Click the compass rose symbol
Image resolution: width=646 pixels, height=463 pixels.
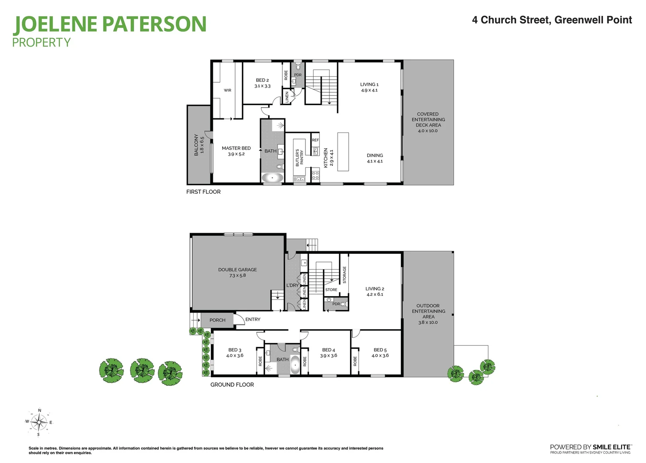(39, 422)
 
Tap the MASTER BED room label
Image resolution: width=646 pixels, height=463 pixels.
(236, 148)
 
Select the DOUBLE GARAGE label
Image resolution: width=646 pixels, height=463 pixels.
(237, 270)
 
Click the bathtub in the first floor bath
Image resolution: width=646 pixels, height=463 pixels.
(272, 177)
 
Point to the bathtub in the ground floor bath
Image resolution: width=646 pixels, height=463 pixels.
(295, 365)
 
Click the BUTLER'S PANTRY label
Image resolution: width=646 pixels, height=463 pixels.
(299, 158)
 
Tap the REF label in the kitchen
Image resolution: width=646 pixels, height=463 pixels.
(315, 140)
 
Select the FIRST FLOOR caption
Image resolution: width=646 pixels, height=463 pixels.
(203, 192)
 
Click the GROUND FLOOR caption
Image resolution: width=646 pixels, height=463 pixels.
(232, 385)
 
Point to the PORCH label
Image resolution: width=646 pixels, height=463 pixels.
(217, 320)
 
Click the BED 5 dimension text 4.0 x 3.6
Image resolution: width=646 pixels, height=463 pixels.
(380, 356)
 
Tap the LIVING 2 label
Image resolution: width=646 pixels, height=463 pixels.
(375, 289)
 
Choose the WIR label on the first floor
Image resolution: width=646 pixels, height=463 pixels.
(227, 90)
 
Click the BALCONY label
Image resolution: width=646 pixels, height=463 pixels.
(196, 144)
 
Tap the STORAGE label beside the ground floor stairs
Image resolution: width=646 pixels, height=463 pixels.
(344, 275)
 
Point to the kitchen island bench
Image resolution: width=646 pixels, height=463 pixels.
(343, 152)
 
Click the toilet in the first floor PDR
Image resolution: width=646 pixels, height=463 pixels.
(298, 67)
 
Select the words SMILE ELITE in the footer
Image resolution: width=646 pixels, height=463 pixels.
(612, 447)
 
